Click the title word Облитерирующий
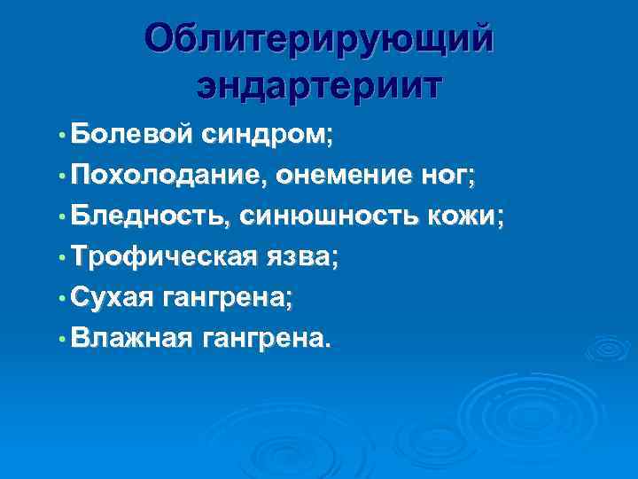click(x=318, y=40)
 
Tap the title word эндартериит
click(x=318, y=87)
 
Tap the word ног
click(x=448, y=176)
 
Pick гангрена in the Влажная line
click(x=268, y=338)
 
